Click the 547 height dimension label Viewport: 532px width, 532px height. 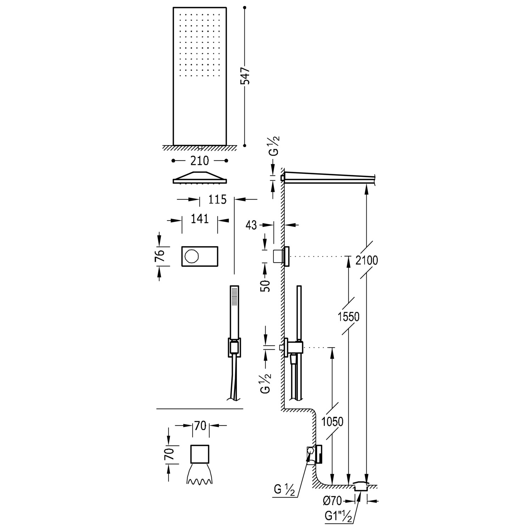(x=245, y=76)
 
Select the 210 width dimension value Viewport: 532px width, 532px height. (x=200, y=161)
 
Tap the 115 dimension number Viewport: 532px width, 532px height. (x=217, y=200)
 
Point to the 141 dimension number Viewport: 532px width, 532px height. (x=200, y=219)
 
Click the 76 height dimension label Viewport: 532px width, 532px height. (x=160, y=256)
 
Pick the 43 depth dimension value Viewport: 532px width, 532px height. (x=251, y=225)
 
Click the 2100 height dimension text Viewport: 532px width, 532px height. (x=366, y=260)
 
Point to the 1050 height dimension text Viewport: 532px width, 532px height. (x=332, y=421)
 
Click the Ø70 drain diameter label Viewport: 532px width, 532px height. (x=333, y=501)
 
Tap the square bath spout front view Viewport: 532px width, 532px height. (x=200, y=454)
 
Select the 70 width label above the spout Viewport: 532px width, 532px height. (x=200, y=426)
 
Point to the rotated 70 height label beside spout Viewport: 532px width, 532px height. (x=170, y=454)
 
